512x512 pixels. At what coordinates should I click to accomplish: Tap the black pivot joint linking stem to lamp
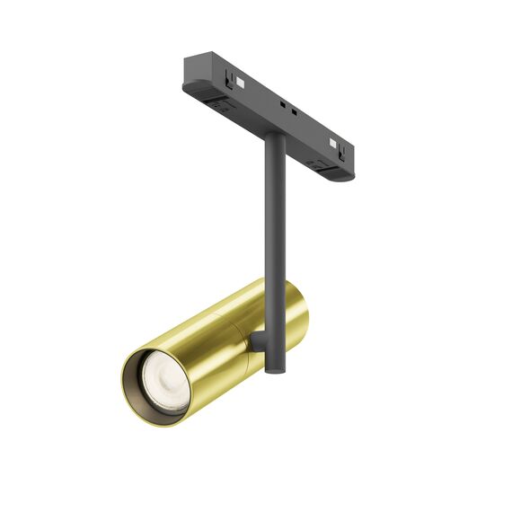coord(258,341)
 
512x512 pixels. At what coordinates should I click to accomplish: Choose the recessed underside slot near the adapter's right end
coord(316,163)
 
